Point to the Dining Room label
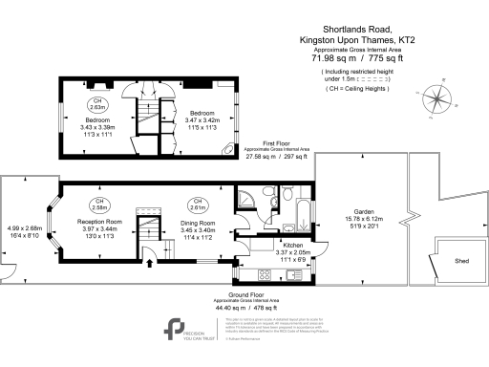tap(201, 222)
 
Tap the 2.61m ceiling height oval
tap(199, 206)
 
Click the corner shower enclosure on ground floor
tap(247, 198)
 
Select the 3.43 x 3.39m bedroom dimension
tap(98, 126)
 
